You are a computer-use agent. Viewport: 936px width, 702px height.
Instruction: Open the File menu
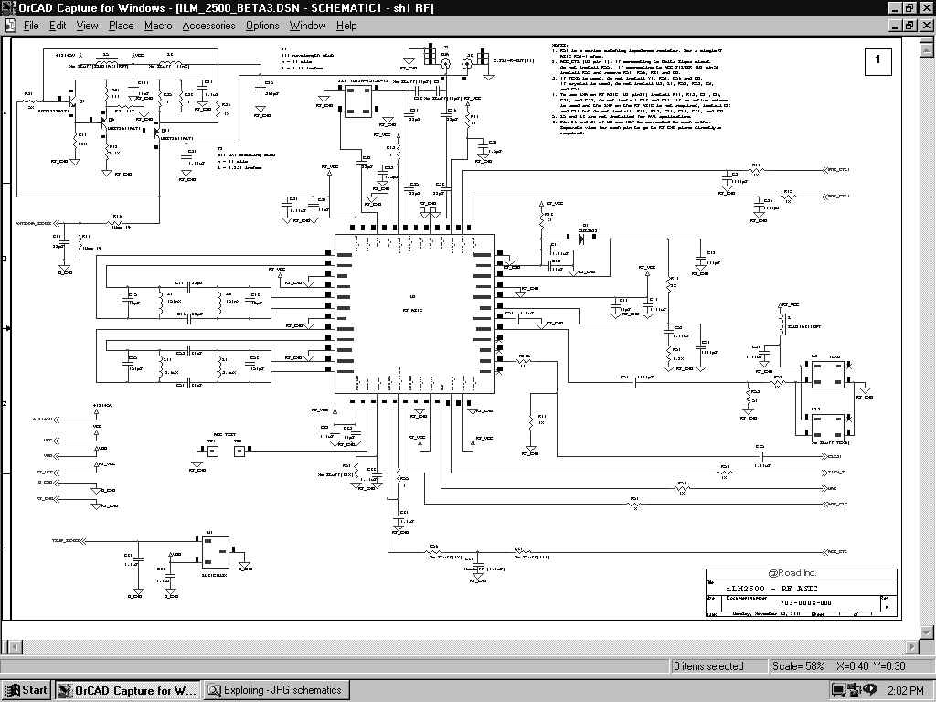click(31, 26)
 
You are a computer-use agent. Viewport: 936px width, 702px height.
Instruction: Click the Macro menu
click(158, 26)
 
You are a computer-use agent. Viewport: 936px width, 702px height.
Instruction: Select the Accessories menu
click(208, 26)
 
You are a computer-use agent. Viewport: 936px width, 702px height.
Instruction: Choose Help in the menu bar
click(346, 26)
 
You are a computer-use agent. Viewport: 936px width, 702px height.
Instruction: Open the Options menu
click(262, 26)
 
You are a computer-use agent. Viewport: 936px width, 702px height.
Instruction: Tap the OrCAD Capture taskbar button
click(128, 690)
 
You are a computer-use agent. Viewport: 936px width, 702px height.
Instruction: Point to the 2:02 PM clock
click(904, 690)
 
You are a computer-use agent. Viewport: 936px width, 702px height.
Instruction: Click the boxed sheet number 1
click(877, 60)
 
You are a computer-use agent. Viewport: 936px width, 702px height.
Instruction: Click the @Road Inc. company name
click(800, 575)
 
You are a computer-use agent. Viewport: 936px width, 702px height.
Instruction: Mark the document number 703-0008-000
click(804, 603)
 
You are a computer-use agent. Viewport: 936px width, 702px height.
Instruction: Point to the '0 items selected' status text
click(709, 666)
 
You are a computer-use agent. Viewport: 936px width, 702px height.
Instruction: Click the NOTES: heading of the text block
click(559, 45)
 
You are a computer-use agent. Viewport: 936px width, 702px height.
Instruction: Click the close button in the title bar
click(924, 8)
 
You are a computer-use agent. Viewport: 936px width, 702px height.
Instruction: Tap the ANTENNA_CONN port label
click(32, 223)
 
